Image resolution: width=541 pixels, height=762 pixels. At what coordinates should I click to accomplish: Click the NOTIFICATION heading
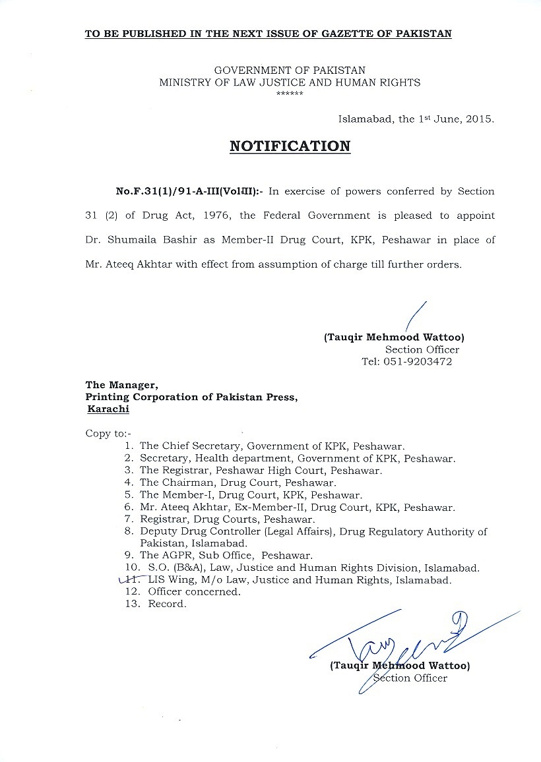290,146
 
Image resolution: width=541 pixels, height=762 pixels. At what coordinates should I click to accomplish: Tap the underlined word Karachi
109,409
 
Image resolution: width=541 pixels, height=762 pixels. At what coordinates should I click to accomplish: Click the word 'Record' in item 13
167,604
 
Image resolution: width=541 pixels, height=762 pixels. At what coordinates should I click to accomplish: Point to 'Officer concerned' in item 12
194,592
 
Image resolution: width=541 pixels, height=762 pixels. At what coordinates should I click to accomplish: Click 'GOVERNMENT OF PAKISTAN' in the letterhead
290,71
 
